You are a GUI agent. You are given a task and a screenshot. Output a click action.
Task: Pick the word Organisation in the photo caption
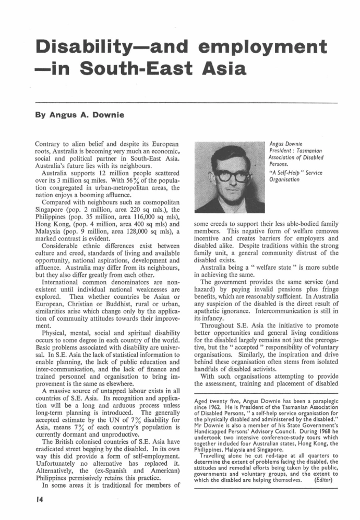point(284,180)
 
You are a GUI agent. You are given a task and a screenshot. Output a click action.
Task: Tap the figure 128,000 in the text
point(121,226)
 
